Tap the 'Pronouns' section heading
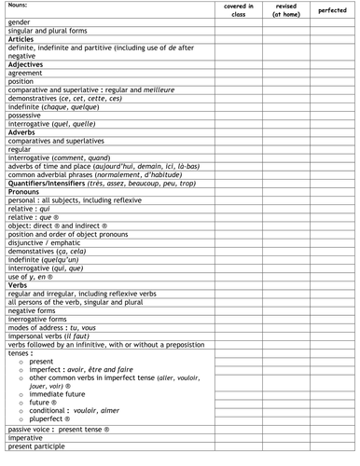(x=25, y=190)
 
